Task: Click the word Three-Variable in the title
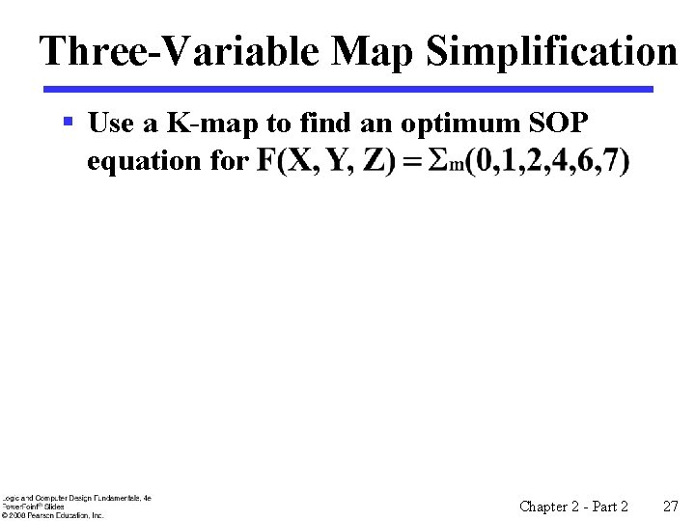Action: coord(180,51)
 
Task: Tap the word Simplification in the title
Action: coord(552,51)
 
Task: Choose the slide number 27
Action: coord(671,506)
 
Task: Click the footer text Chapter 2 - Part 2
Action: coord(573,506)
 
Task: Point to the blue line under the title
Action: coord(347,89)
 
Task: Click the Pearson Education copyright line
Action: coord(53,515)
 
